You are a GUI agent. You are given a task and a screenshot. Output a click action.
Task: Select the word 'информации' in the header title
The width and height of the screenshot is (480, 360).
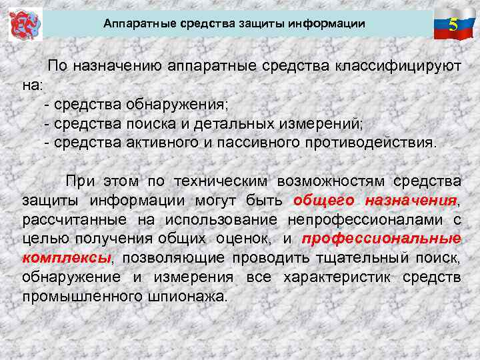pyautogui.click(x=331, y=24)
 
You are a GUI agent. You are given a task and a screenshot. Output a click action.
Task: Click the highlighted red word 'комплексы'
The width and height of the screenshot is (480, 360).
pyautogui.click(x=66, y=258)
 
